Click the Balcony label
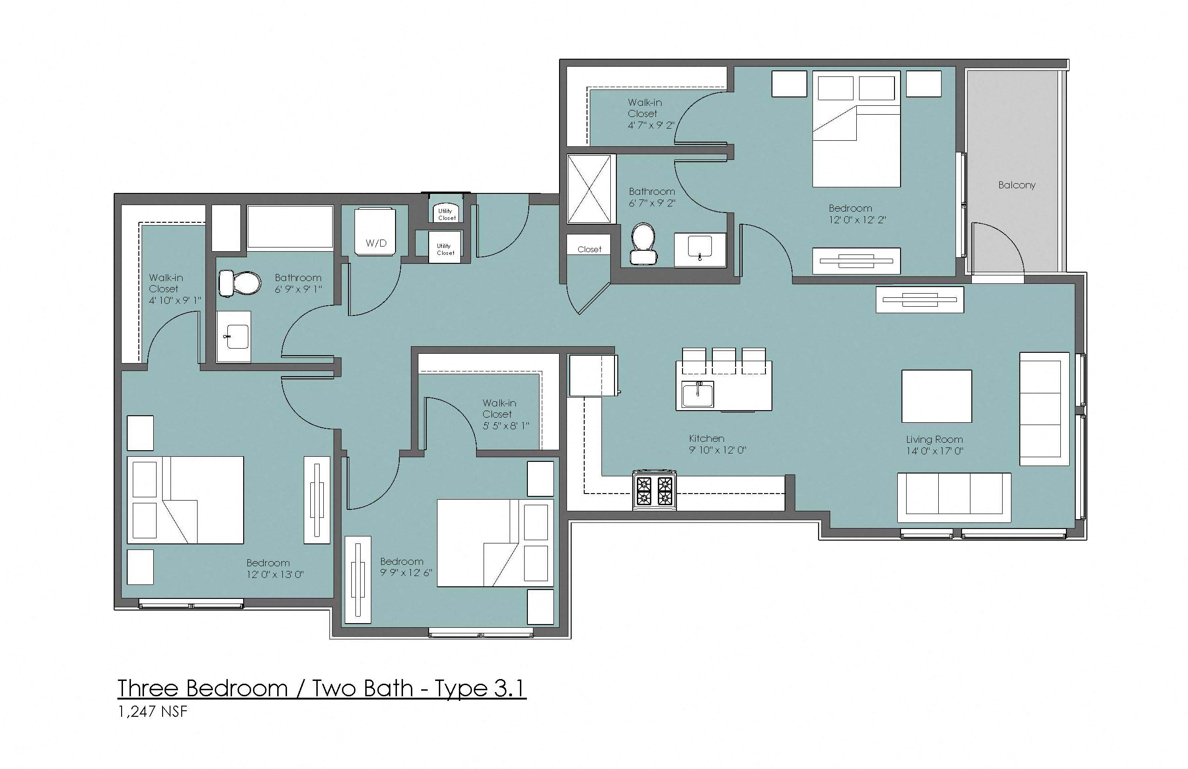1016,185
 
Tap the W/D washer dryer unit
376,232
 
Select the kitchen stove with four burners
655,490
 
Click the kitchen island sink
698,394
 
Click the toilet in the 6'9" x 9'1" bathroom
240,284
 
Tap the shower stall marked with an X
589,189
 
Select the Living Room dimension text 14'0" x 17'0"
935,452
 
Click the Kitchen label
706,439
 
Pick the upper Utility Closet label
446,214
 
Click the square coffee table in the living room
936,396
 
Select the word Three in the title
148,689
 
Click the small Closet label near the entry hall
589,249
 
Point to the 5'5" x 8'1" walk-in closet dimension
505,426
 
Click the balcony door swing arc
1004,240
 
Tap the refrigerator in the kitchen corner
593,376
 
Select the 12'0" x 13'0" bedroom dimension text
275,574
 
